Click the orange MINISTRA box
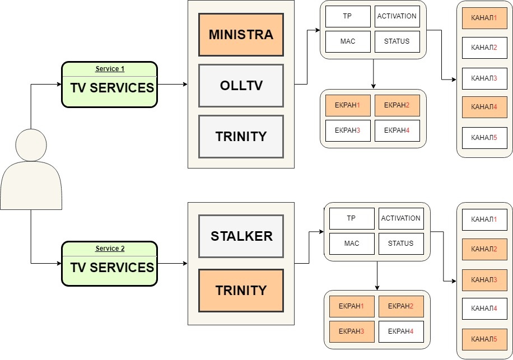[241, 35]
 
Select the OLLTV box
[241, 85]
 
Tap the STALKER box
[241, 236]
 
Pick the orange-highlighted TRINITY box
[241, 291]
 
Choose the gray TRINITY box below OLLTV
[241, 136]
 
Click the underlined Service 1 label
[110, 69]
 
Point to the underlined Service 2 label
[110, 249]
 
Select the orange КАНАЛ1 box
[484, 18]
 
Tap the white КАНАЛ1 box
[484, 219]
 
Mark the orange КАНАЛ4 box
[484, 107]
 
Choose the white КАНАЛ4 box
[484, 308]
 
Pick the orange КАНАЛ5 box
[484, 339]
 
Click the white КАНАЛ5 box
[484, 138]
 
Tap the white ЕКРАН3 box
[347, 130]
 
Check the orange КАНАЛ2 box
[484, 249]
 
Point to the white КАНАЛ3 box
[484, 78]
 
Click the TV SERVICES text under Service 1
[111, 88]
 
